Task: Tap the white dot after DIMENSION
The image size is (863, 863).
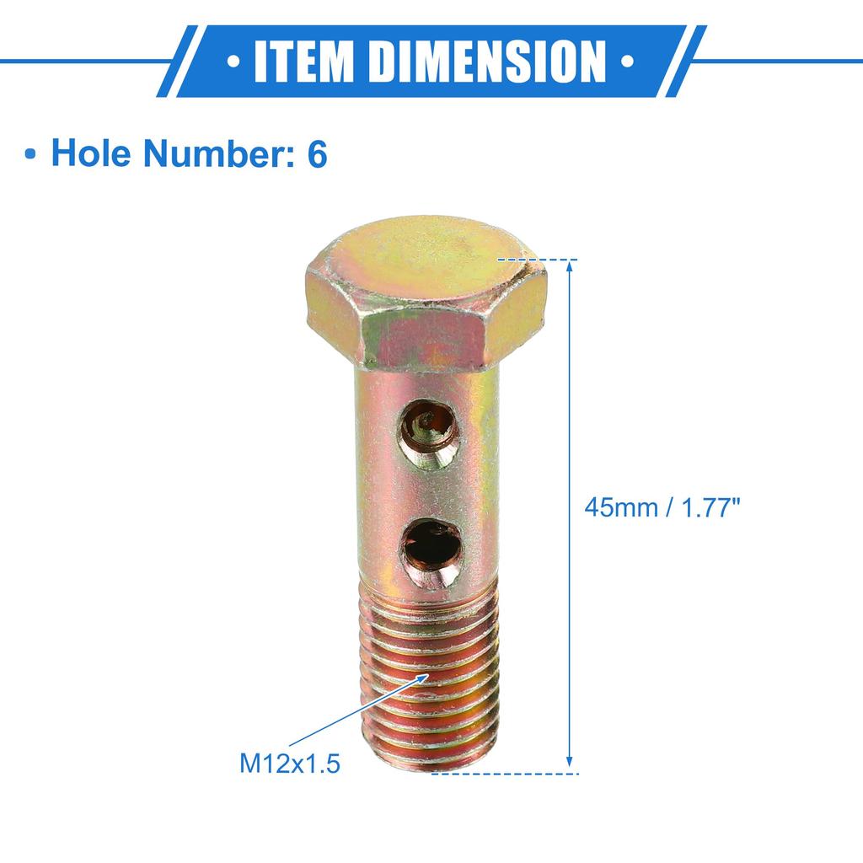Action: tap(626, 62)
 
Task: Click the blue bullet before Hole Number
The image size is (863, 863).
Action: tap(31, 157)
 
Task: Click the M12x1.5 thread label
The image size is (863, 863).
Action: tap(290, 764)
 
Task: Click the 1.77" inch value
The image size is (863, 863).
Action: tap(704, 507)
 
